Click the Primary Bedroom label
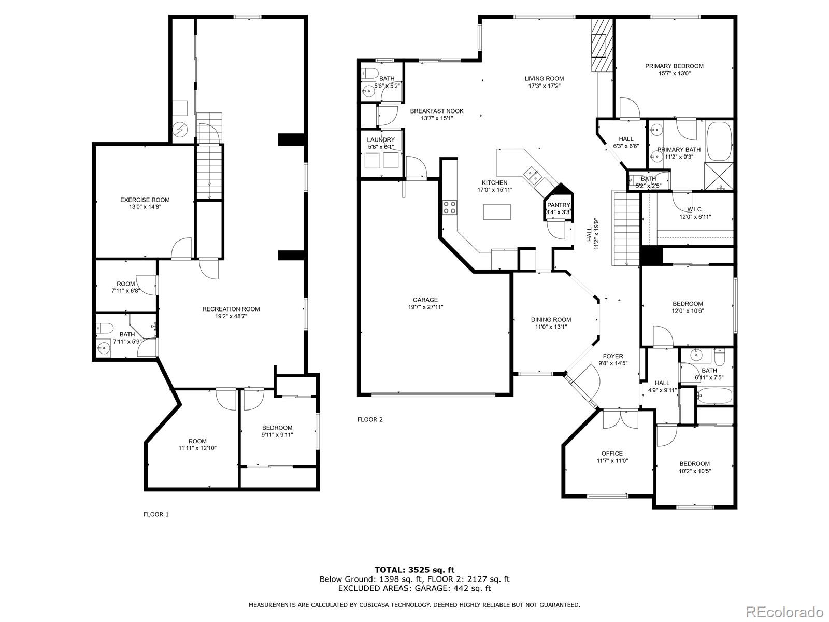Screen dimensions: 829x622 click(x=674, y=66)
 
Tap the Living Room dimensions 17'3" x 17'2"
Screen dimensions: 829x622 click(x=544, y=86)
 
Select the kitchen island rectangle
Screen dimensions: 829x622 click(x=497, y=211)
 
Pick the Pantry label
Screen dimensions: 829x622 click(x=559, y=205)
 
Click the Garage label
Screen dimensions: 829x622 click(x=425, y=300)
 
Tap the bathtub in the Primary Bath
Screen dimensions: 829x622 click(x=719, y=141)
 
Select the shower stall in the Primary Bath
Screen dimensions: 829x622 click(x=719, y=176)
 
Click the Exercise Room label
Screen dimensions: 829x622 click(x=145, y=200)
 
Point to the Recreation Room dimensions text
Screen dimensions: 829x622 click(x=231, y=316)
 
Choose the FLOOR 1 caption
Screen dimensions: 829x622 click(x=156, y=514)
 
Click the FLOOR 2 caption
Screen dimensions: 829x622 click(x=370, y=419)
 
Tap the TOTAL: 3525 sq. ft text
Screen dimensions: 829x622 click(x=414, y=570)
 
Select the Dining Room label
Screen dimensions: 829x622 click(x=551, y=319)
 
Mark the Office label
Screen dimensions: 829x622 click(x=612, y=453)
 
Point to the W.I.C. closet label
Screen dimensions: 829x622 click(x=695, y=209)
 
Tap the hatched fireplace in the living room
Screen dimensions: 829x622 click(x=602, y=45)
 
